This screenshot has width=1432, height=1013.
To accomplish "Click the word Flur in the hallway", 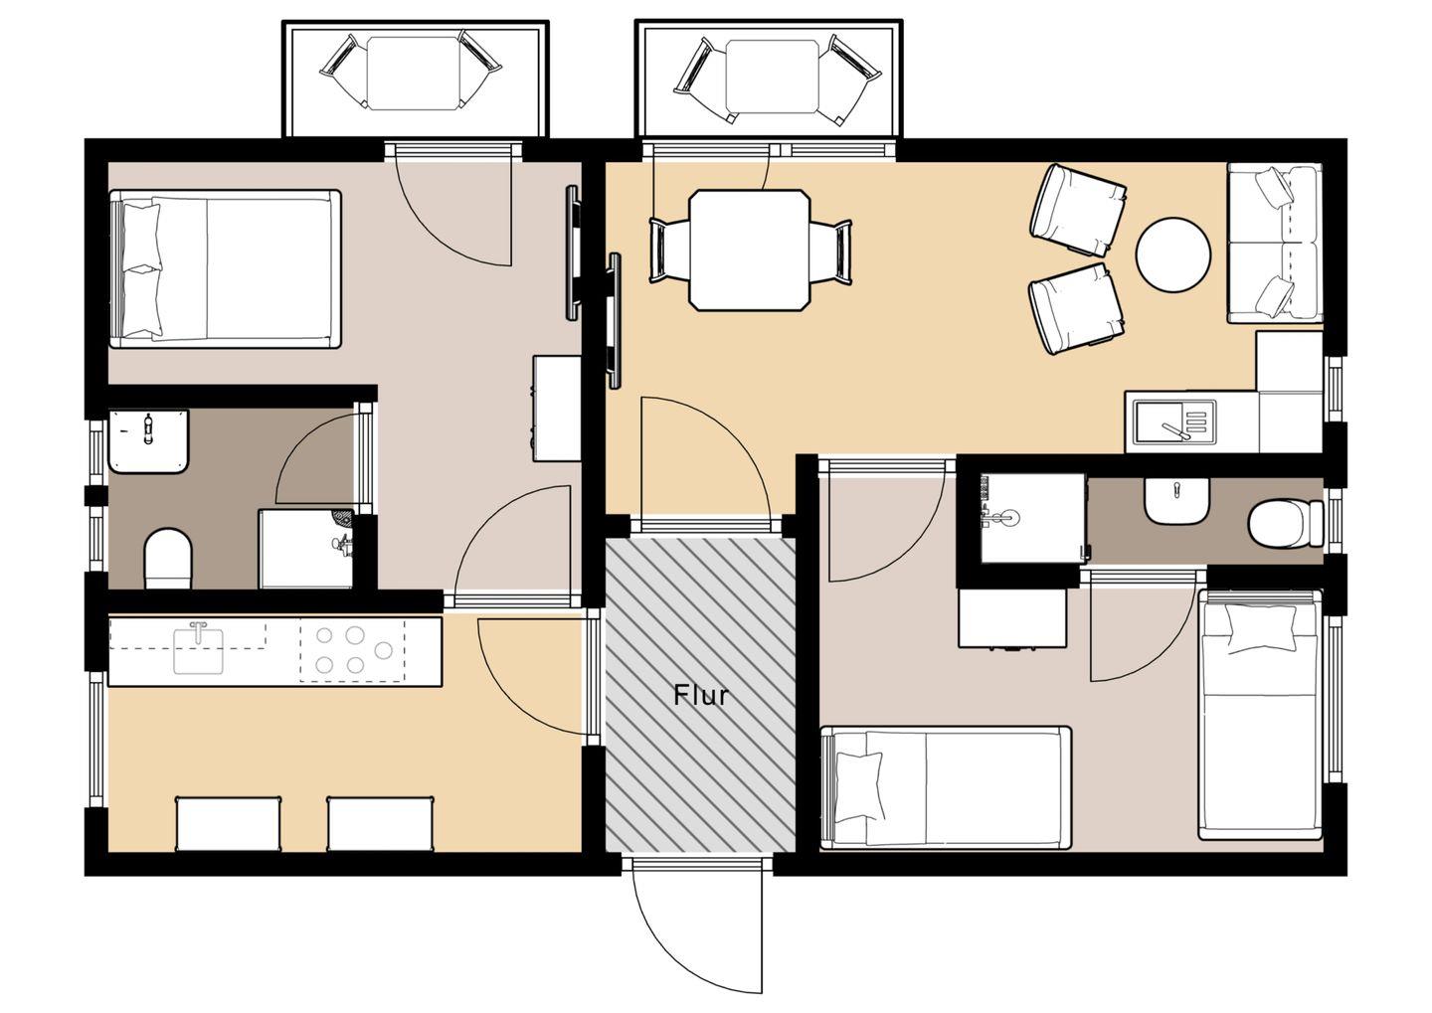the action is [x=701, y=695].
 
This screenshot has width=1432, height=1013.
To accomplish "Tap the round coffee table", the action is [x=1173, y=254].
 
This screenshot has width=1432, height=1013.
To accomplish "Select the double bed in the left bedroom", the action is [x=225, y=269].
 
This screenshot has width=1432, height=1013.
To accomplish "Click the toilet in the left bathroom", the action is [x=169, y=558].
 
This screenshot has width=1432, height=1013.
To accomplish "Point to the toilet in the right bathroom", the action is [x=1286, y=524].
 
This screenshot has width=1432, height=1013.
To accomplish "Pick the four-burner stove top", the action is [x=352, y=650].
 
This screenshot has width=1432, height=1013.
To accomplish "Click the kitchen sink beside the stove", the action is [x=198, y=648].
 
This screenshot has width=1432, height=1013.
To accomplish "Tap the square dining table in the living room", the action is [x=750, y=251].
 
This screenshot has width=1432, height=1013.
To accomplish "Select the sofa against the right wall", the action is [x=1274, y=243].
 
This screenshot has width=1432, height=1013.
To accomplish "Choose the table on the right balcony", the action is [x=773, y=77].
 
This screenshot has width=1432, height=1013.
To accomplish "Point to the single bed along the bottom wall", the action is [x=946, y=788].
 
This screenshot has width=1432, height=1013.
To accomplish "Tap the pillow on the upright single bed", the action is [x=1260, y=628].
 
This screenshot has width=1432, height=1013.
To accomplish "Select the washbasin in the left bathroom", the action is [x=148, y=441].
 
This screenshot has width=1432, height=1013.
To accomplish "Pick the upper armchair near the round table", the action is [x=1078, y=211].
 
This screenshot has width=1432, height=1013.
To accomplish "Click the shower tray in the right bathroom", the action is [x=1032, y=518].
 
